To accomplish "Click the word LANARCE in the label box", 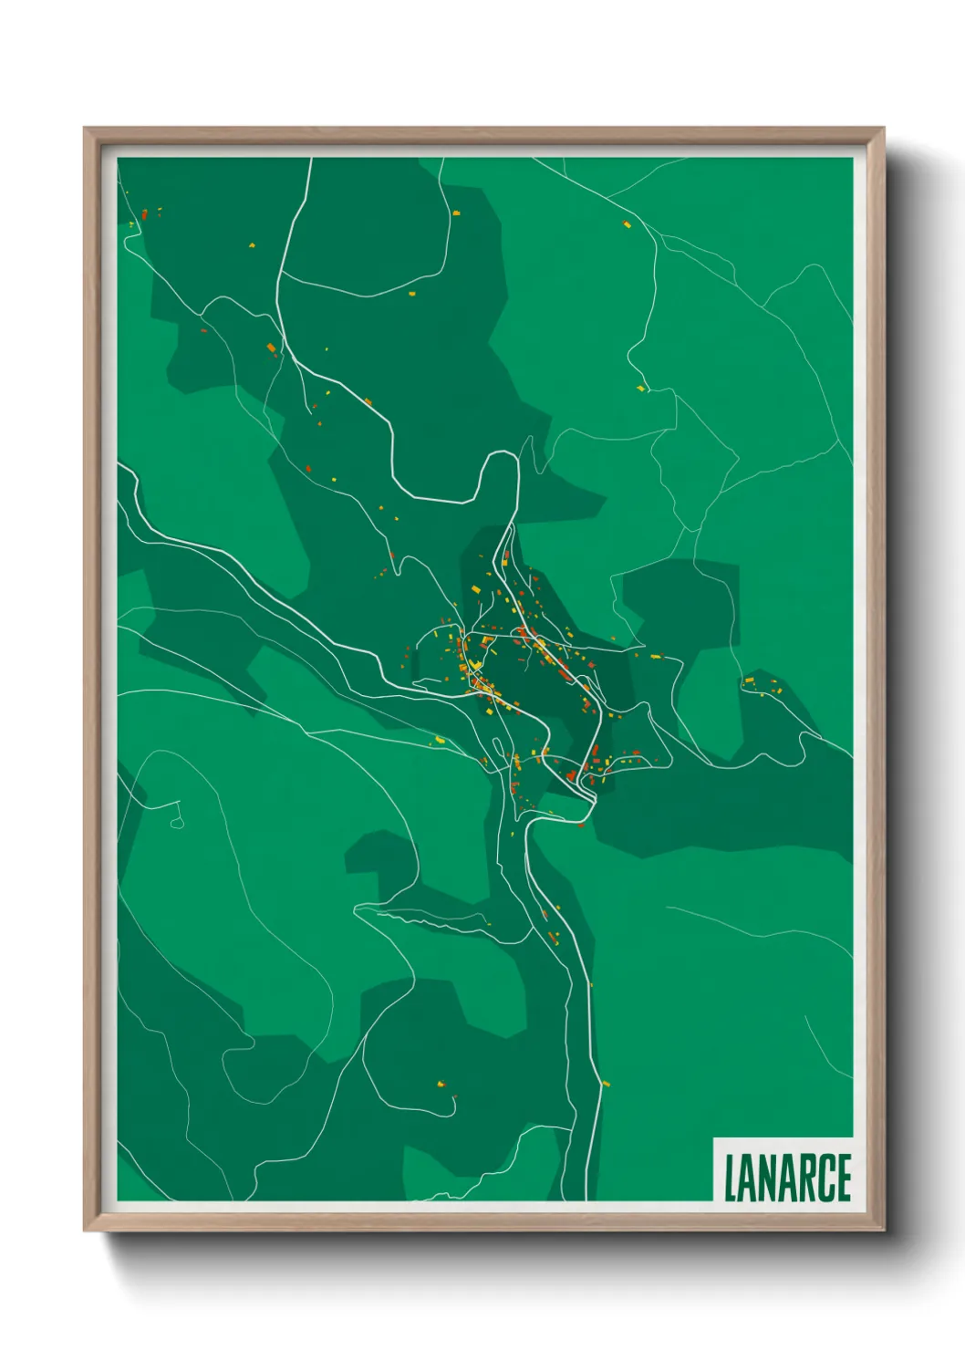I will point(787,1178).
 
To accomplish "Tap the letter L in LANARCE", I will point(730,1178).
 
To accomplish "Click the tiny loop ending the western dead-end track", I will point(177,824).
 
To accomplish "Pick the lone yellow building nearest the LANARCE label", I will point(606,1084).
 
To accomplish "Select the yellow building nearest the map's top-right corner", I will point(627,223).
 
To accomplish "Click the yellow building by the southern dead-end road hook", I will point(441,1084).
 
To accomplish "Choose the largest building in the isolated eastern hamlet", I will point(750,680).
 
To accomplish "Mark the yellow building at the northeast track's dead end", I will point(640,389).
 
